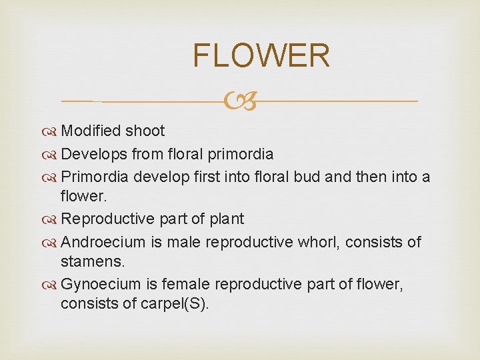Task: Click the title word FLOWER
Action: tap(261, 55)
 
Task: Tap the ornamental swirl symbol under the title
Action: tap(239, 102)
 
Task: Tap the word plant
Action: tap(225, 219)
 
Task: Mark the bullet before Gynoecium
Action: tap(52, 285)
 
